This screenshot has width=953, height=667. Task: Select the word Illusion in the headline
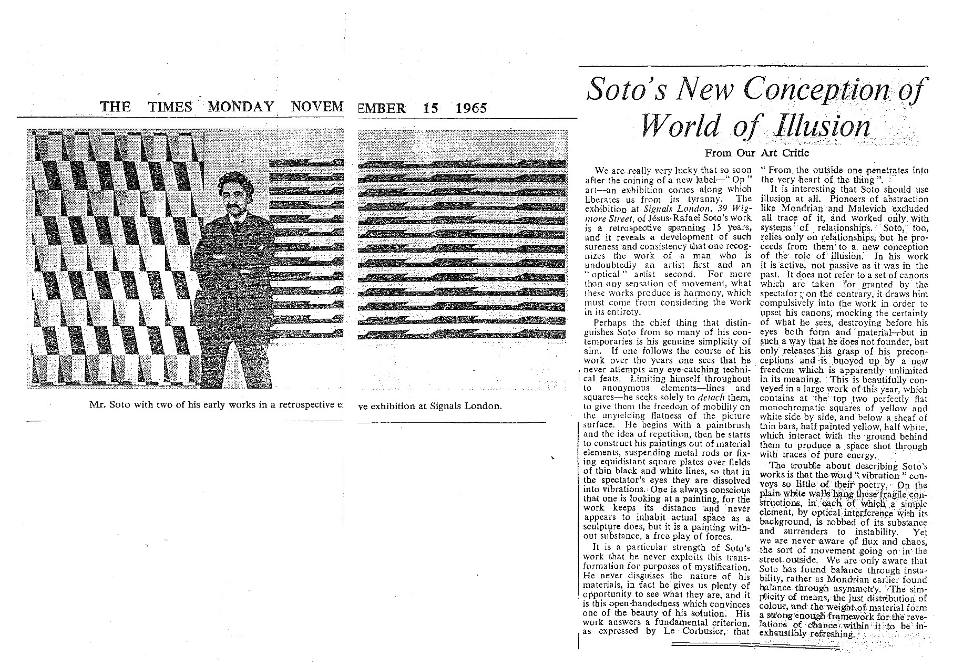pos(817,127)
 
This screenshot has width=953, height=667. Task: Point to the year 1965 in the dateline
pos(471,108)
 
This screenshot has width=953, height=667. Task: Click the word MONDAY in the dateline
pos(241,107)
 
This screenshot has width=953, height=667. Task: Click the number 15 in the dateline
pos(433,108)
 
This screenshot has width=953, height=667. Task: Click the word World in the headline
pos(674,127)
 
